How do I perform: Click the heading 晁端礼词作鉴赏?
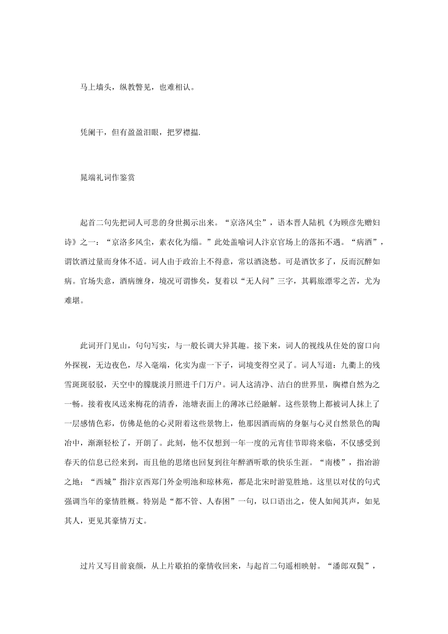(x=108, y=178)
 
